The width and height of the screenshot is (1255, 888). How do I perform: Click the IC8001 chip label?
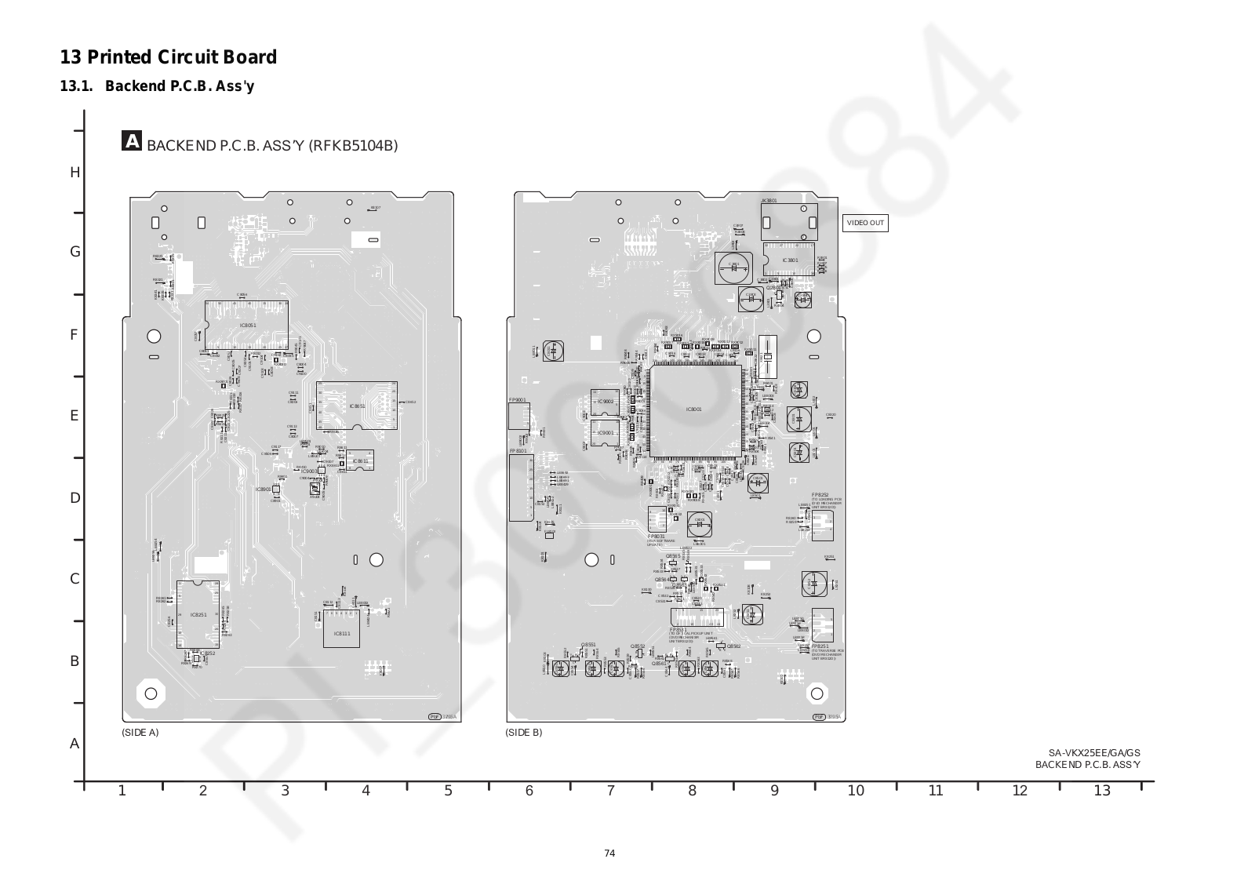(x=694, y=409)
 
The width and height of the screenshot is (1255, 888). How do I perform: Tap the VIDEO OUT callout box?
(x=865, y=223)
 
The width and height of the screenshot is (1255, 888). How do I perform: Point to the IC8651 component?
(x=357, y=406)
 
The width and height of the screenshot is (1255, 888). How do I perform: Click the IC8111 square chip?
(x=342, y=632)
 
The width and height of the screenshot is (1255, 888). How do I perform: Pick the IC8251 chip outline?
(x=198, y=615)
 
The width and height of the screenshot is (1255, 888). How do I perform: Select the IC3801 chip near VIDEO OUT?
(x=789, y=260)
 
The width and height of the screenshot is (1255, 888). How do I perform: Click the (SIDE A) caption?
(x=140, y=732)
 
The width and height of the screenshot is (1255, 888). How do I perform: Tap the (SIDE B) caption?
(x=524, y=732)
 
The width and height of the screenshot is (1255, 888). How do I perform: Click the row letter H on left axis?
(x=75, y=173)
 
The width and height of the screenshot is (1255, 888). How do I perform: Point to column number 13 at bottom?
(x=1102, y=791)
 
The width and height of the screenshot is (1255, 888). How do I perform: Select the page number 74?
(x=609, y=853)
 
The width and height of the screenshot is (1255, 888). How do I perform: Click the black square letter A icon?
(x=132, y=141)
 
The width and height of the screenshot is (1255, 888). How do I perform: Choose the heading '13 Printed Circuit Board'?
(x=169, y=57)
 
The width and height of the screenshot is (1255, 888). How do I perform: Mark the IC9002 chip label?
(x=606, y=402)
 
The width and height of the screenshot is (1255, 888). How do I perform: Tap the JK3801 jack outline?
(x=789, y=221)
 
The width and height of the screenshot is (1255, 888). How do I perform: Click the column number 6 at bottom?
(x=529, y=791)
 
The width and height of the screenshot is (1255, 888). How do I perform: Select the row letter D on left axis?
(x=75, y=498)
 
